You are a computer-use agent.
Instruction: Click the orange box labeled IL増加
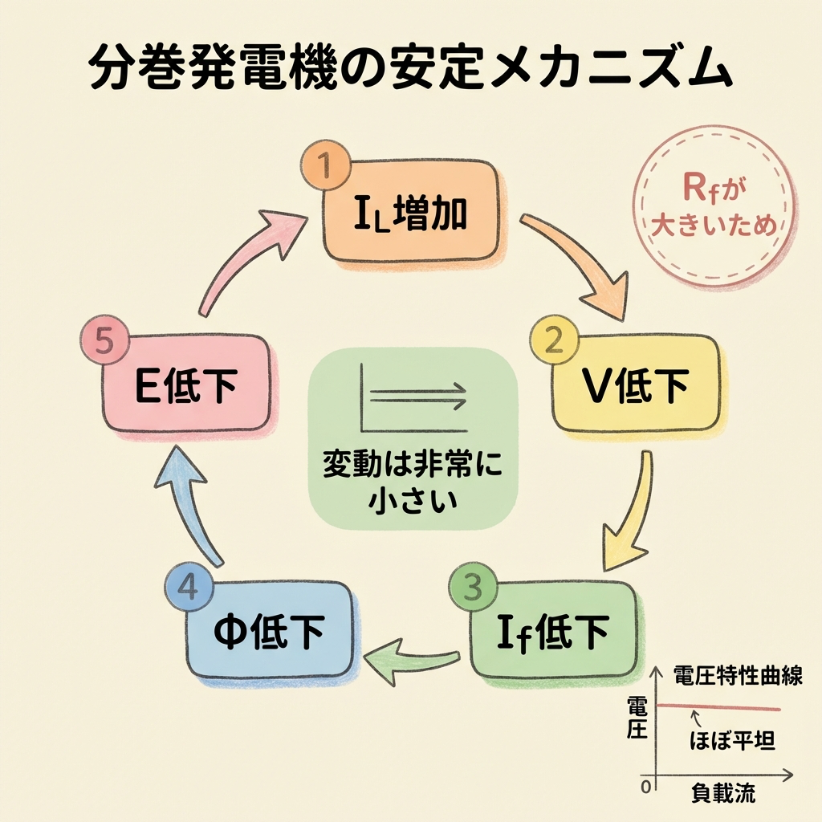411,213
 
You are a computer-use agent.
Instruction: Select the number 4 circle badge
187,588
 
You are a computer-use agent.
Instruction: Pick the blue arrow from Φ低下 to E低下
189,506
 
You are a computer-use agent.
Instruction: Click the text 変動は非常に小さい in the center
411,482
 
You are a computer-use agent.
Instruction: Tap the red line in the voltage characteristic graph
718,707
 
